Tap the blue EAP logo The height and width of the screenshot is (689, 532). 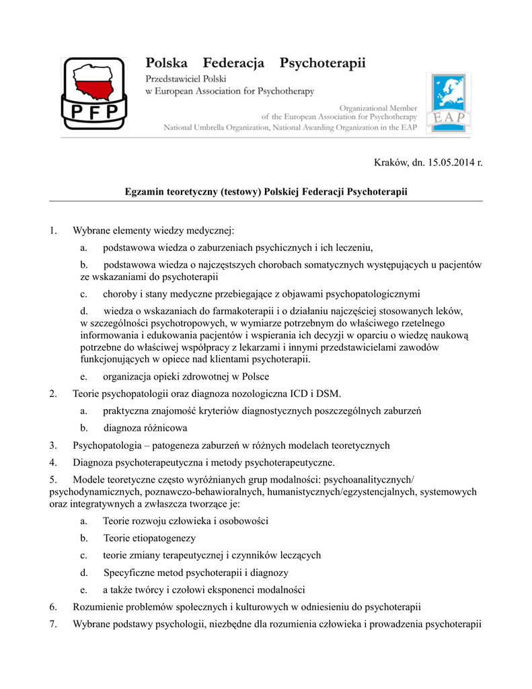(449, 103)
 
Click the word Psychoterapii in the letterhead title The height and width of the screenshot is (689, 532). (323, 64)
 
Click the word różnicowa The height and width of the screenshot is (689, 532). (166, 428)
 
